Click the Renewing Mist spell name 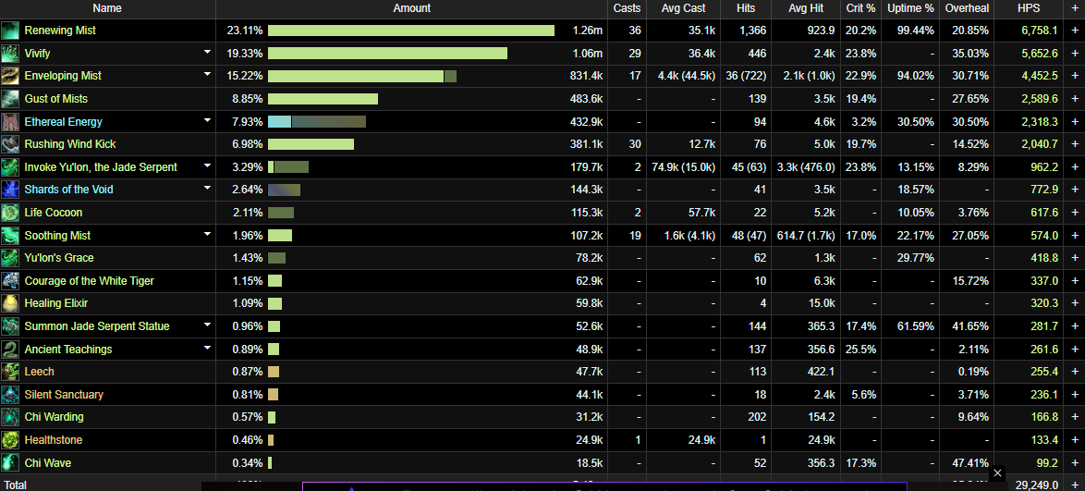(60, 31)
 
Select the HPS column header (1028, 8)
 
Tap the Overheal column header (967, 8)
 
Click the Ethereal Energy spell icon (10, 121)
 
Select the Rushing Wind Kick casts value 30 (635, 144)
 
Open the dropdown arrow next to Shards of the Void (208, 189)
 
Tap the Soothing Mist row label (57, 236)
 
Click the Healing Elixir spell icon (10, 303)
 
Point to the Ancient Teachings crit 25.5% (860, 350)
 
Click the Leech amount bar (274, 372)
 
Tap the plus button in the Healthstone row (1075, 440)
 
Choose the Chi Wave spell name (48, 463)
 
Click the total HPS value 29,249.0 (1033, 485)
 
